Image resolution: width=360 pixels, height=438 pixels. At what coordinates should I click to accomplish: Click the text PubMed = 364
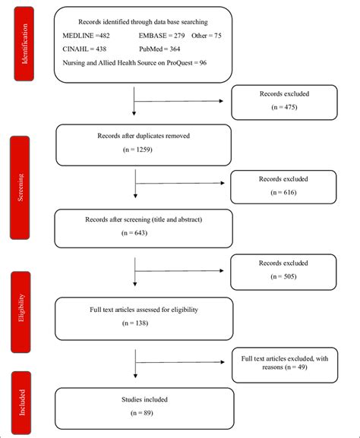click(x=165, y=49)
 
